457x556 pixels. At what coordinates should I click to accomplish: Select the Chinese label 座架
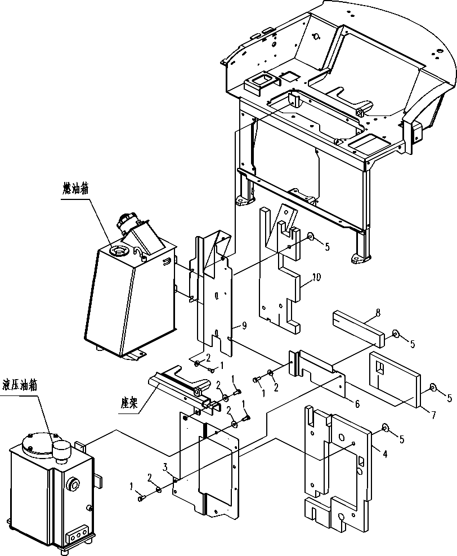(129, 403)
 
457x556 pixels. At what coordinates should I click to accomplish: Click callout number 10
(316, 277)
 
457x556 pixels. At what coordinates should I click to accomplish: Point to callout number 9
(244, 325)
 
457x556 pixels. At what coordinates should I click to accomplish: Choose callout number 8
(378, 313)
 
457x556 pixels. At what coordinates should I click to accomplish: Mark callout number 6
(357, 403)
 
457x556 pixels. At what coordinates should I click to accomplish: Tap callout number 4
(384, 452)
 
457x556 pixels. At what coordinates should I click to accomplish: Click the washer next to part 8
(395, 333)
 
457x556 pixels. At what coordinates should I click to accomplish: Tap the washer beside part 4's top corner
(386, 428)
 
